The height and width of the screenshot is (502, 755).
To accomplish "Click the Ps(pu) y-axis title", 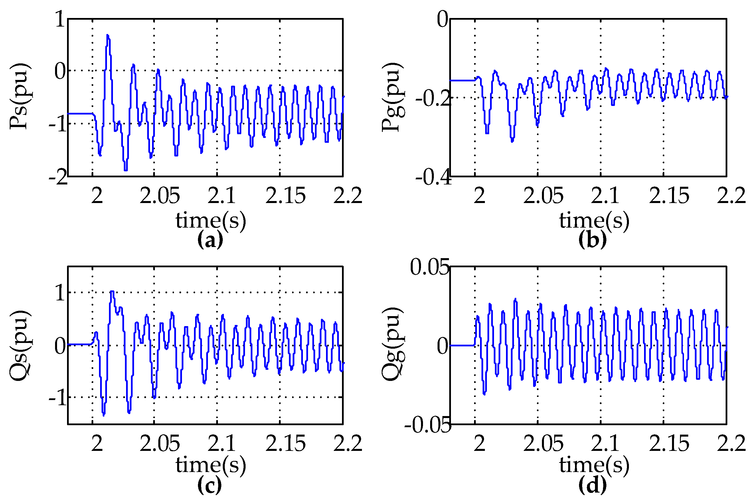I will (x=20, y=96).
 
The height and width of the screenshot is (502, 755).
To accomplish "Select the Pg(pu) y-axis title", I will (x=393, y=97).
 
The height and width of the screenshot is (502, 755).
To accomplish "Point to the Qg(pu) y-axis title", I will (x=393, y=344).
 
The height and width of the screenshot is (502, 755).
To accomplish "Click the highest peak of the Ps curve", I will (x=108, y=35).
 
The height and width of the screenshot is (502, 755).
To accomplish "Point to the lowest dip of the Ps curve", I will (x=126, y=170).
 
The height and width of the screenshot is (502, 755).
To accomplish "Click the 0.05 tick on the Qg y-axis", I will (x=429, y=267).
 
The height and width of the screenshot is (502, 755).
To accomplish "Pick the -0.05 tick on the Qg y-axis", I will (x=427, y=425).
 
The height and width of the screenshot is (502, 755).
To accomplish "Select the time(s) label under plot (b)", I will (x=594, y=220).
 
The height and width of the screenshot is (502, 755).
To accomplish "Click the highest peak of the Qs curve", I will (x=112, y=292).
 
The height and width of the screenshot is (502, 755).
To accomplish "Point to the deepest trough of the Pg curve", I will (x=512, y=140).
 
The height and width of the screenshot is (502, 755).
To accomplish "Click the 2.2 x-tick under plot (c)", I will (x=348, y=443).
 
